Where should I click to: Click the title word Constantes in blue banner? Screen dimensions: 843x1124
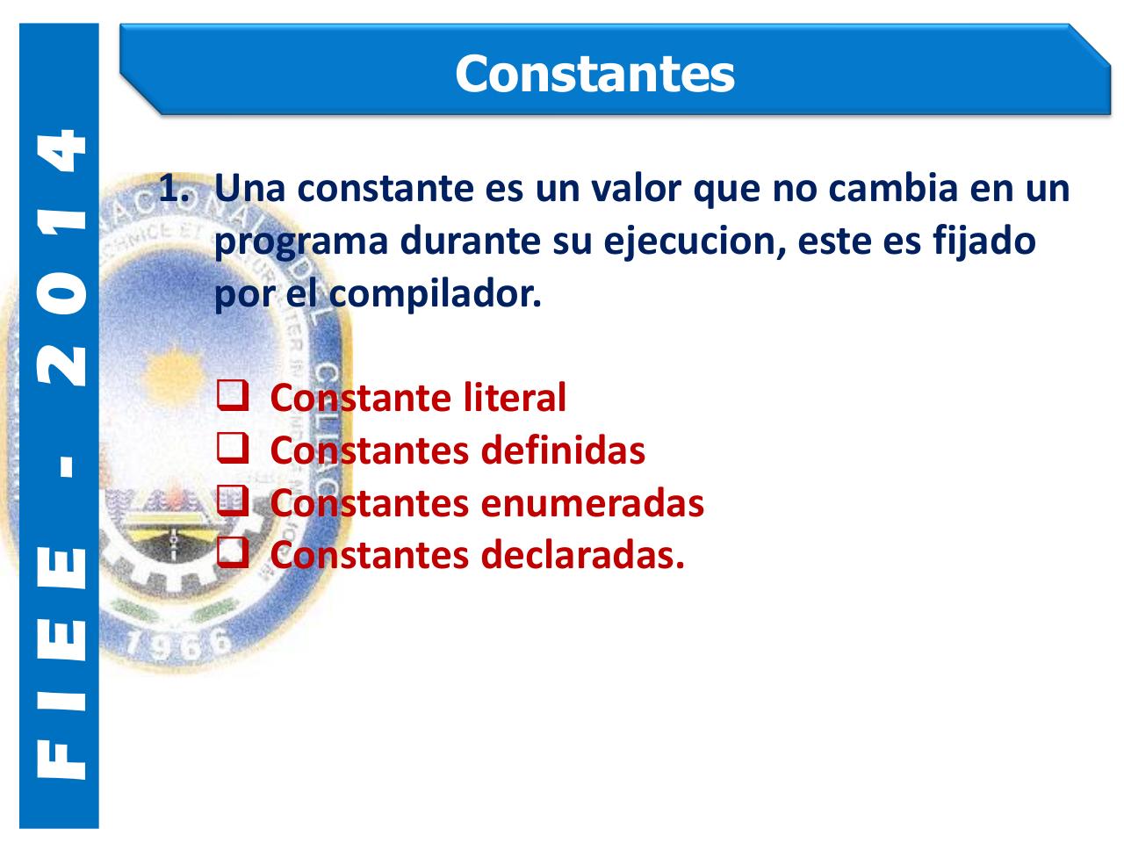coord(594,74)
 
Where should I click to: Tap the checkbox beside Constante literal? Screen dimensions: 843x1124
coord(231,397)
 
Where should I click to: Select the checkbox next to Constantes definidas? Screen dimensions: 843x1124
coord(231,450)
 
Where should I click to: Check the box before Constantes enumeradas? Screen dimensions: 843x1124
coord(231,502)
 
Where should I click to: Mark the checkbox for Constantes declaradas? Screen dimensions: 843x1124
coord(231,554)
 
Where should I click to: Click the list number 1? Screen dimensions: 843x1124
coord(172,189)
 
